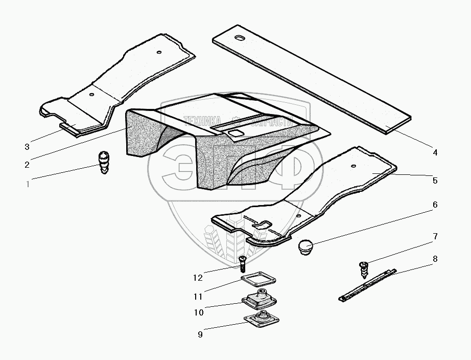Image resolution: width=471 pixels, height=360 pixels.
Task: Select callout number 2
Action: point(27,164)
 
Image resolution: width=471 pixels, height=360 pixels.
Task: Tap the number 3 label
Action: point(27,147)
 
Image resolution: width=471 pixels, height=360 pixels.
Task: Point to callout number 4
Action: point(435,152)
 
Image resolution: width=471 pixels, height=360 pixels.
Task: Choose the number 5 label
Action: point(435,180)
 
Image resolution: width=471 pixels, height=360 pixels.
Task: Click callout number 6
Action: point(435,205)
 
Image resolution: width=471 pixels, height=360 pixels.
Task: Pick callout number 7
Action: point(435,236)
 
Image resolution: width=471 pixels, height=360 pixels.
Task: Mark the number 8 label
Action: point(435,259)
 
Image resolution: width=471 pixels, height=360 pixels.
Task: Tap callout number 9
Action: point(200,334)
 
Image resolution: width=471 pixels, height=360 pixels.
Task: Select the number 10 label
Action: point(198,312)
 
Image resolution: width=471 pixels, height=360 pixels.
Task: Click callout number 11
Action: point(198,296)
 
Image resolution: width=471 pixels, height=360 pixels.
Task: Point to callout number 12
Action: point(198,278)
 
